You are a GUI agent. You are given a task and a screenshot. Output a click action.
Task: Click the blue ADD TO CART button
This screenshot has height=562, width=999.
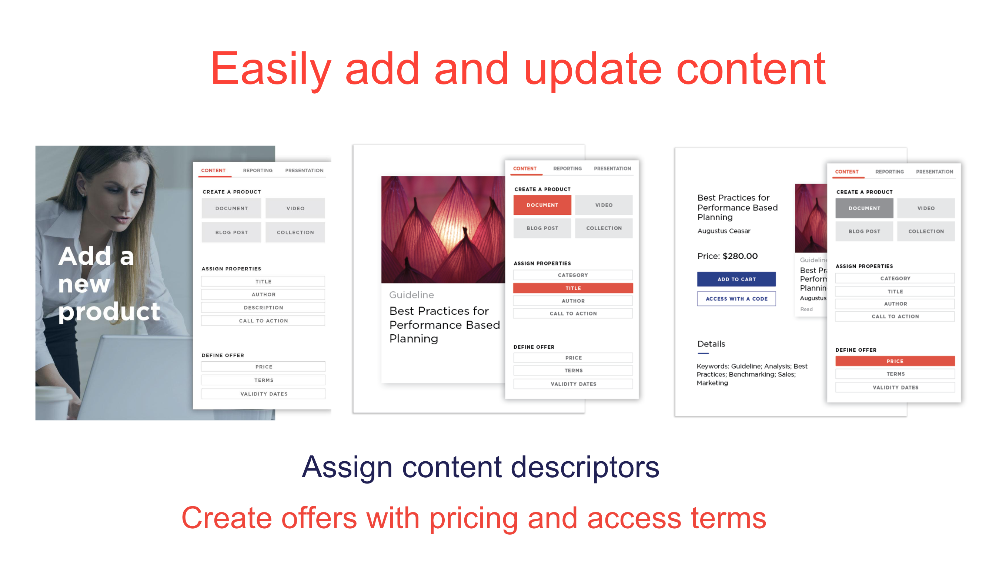736,279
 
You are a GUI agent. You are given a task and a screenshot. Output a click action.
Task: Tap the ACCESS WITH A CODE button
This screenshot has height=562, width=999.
736,299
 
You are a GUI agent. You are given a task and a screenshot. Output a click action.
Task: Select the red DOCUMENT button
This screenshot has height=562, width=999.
542,205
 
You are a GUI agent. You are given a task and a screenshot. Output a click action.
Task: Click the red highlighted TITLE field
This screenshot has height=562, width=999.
573,288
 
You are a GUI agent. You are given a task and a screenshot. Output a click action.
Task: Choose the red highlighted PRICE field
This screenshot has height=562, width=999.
895,361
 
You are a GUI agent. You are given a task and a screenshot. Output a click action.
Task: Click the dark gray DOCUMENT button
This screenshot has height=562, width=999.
864,208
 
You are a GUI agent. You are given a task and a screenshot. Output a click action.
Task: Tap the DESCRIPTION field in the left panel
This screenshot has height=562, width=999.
263,308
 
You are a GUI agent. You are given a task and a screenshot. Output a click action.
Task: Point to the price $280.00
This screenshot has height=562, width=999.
740,256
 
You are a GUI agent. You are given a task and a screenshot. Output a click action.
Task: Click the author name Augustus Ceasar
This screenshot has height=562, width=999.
724,231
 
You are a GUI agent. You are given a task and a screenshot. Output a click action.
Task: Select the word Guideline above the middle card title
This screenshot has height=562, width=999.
411,295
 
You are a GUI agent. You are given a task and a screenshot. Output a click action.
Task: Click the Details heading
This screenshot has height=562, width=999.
711,344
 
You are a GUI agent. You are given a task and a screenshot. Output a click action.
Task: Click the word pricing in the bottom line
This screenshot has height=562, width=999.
474,519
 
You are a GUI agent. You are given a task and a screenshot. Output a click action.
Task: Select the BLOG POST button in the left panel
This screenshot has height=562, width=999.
231,233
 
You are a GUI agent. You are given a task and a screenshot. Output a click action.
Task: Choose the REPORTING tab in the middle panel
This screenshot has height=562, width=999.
567,168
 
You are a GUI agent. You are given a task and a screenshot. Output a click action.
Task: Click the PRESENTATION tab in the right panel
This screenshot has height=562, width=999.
934,171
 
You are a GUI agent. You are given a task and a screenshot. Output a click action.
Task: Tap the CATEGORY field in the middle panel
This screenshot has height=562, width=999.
573,275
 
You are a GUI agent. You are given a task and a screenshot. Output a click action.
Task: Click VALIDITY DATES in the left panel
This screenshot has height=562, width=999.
264,394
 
